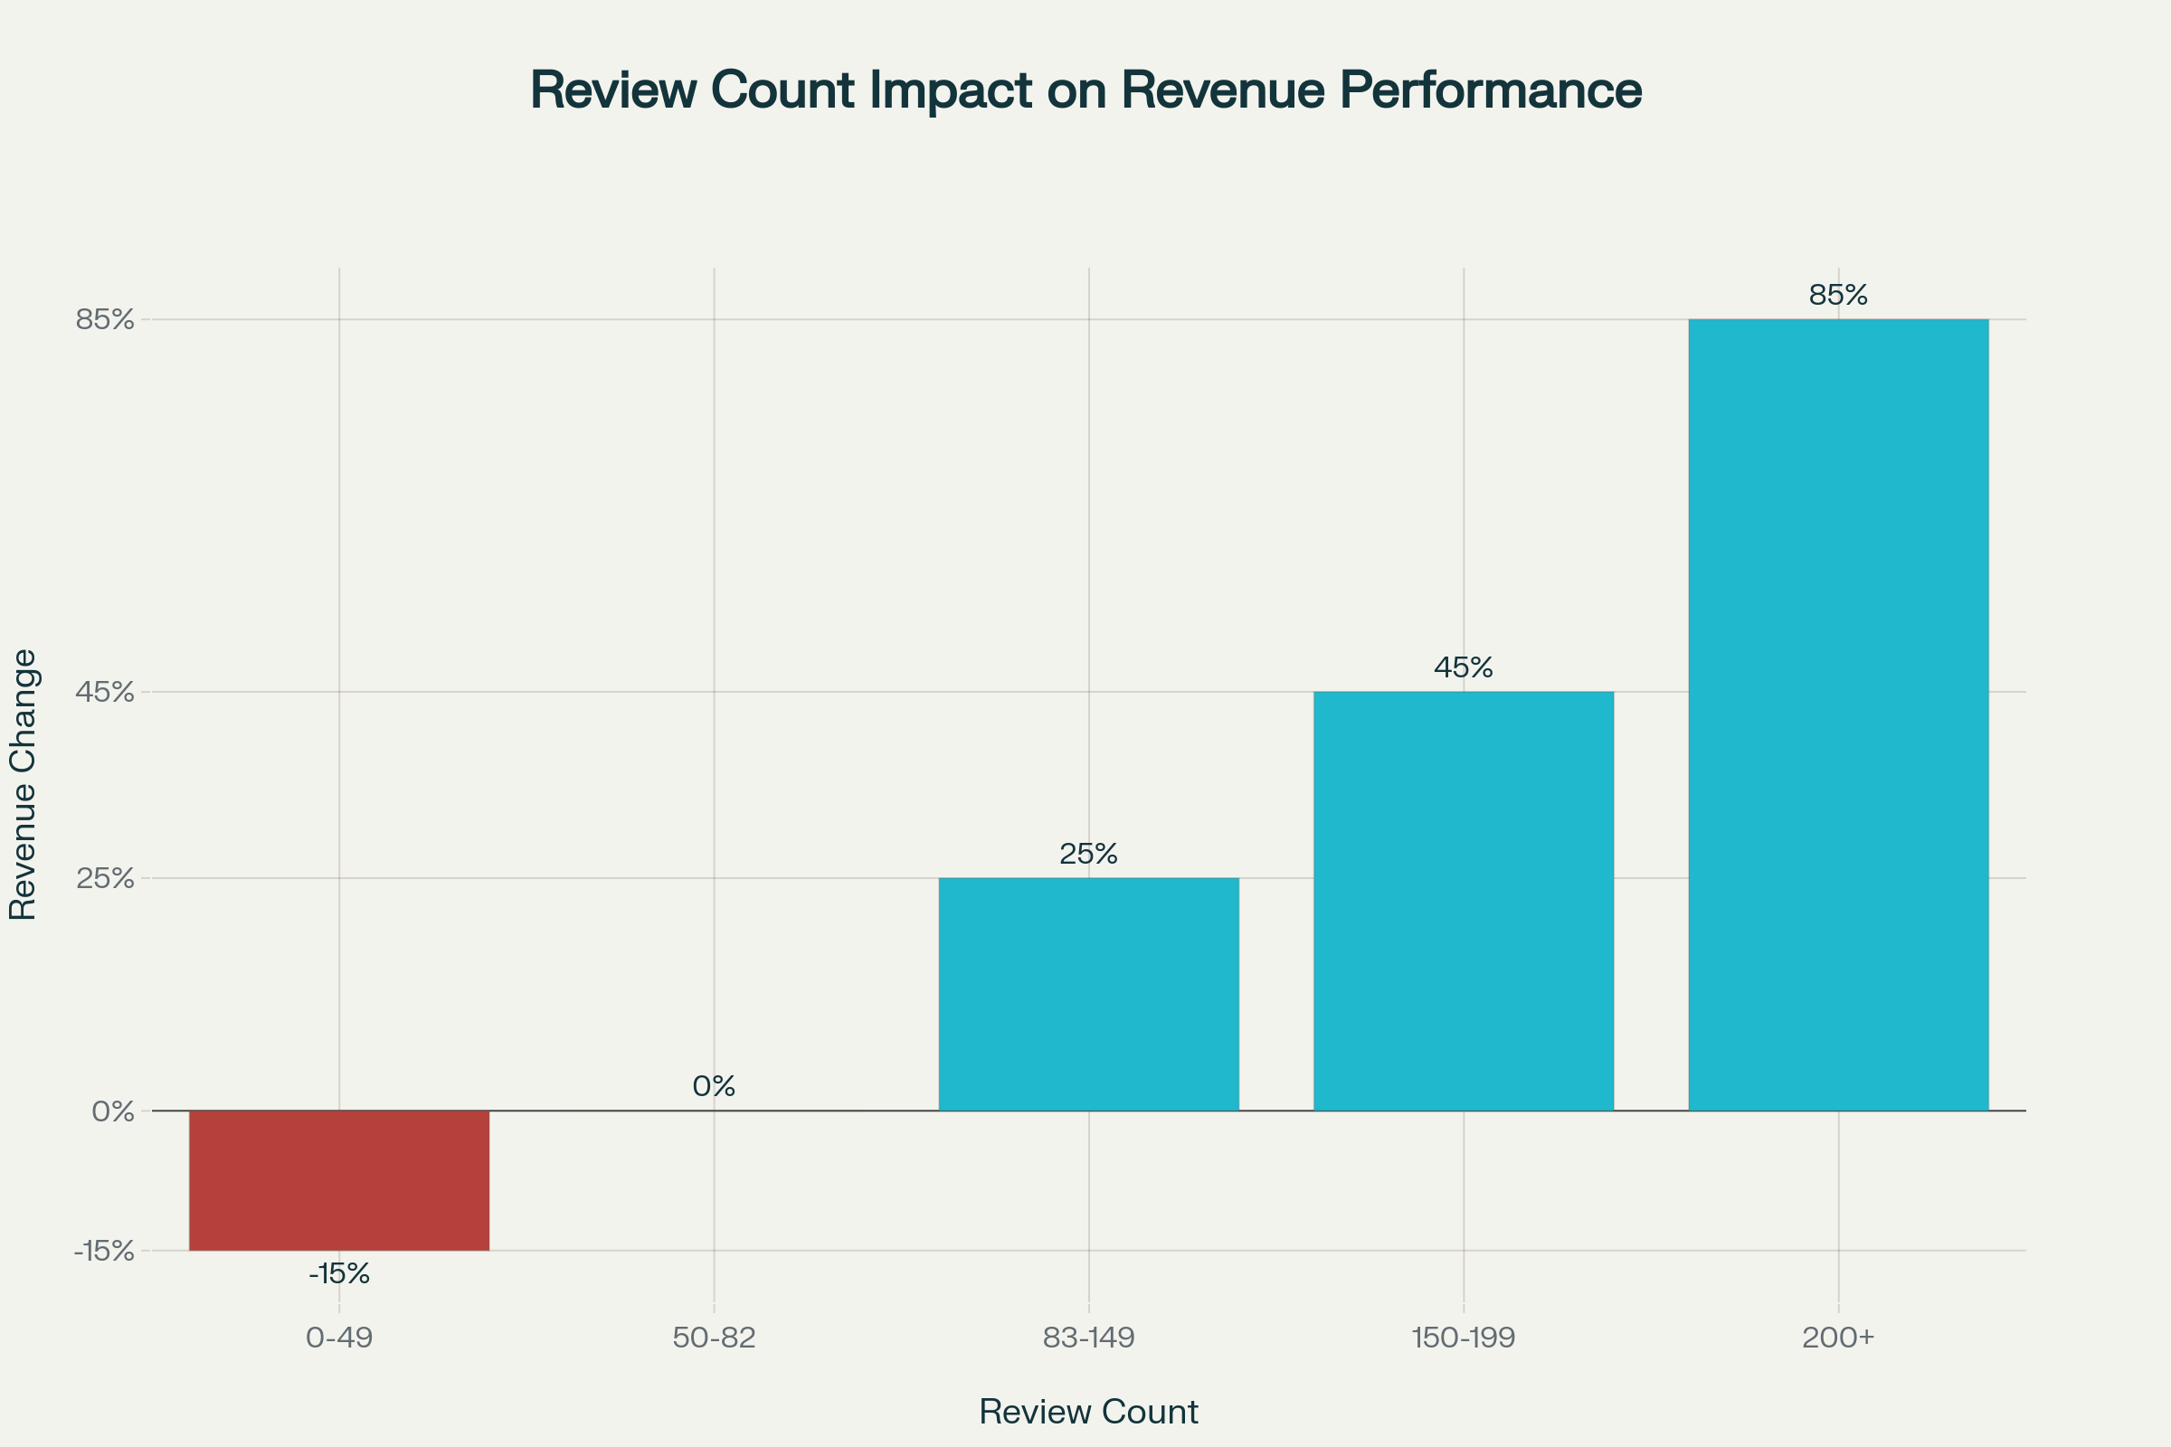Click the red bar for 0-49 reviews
pyautogui.click(x=338, y=1180)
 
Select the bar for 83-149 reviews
pyautogui.click(x=1088, y=994)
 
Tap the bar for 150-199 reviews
pyautogui.click(x=1463, y=901)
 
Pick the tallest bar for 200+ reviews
pyautogui.click(x=1838, y=714)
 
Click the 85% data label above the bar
pyautogui.click(x=1838, y=296)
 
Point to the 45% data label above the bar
pyautogui.click(x=1463, y=667)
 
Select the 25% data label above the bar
pyautogui.click(x=1088, y=854)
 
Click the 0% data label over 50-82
pyautogui.click(x=714, y=1086)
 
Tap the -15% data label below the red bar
pyautogui.click(x=338, y=1274)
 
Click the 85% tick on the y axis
pyautogui.click(x=105, y=320)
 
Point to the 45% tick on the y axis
pyautogui.click(x=105, y=692)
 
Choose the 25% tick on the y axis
pyautogui.click(x=105, y=878)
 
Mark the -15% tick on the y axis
pyautogui.click(x=103, y=1252)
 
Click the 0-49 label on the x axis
pyautogui.click(x=338, y=1338)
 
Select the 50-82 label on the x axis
pyautogui.click(x=714, y=1338)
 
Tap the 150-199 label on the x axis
pyautogui.click(x=1463, y=1338)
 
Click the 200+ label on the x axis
pyautogui.click(x=1838, y=1338)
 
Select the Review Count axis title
pyautogui.click(x=1088, y=1412)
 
